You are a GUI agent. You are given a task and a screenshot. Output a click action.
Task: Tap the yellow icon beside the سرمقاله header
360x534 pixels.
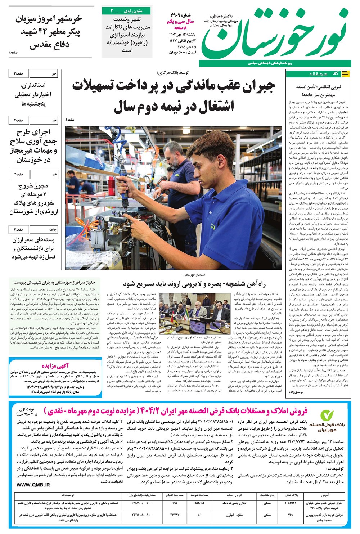345,74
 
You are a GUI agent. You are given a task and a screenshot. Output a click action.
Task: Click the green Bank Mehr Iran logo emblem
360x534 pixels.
327,417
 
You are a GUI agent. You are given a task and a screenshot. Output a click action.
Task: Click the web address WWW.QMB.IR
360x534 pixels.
33,484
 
